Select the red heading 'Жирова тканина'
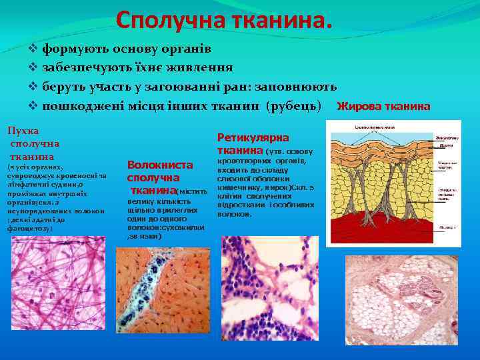click(383, 106)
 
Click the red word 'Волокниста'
click(159, 164)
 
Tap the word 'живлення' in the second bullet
click(203, 67)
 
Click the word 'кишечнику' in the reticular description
click(239, 187)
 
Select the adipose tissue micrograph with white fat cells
click(401, 304)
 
